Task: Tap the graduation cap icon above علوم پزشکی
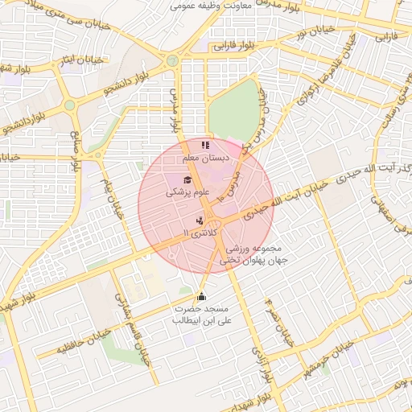click(x=187, y=179)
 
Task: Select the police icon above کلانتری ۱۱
click(x=200, y=220)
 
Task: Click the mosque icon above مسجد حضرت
click(x=201, y=297)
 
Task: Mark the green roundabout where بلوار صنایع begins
click(x=70, y=105)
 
